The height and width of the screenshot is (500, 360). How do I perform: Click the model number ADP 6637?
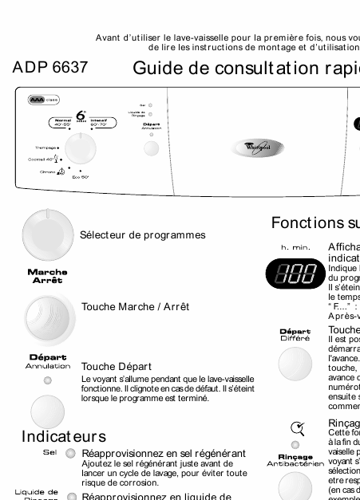pyautogui.click(x=49, y=69)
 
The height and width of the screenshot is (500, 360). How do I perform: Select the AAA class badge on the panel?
pyautogui.click(x=44, y=100)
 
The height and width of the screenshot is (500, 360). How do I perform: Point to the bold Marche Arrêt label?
pyautogui.click(x=48, y=276)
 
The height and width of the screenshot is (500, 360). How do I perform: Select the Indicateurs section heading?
pyautogui.click(x=64, y=436)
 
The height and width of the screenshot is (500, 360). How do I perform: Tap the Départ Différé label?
pyautogui.click(x=295, y=335)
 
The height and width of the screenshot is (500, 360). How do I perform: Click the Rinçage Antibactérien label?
pyautogui.click(x=295, y=459)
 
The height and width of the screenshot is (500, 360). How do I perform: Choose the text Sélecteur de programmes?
pyautogui.click(x=143, y=235)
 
